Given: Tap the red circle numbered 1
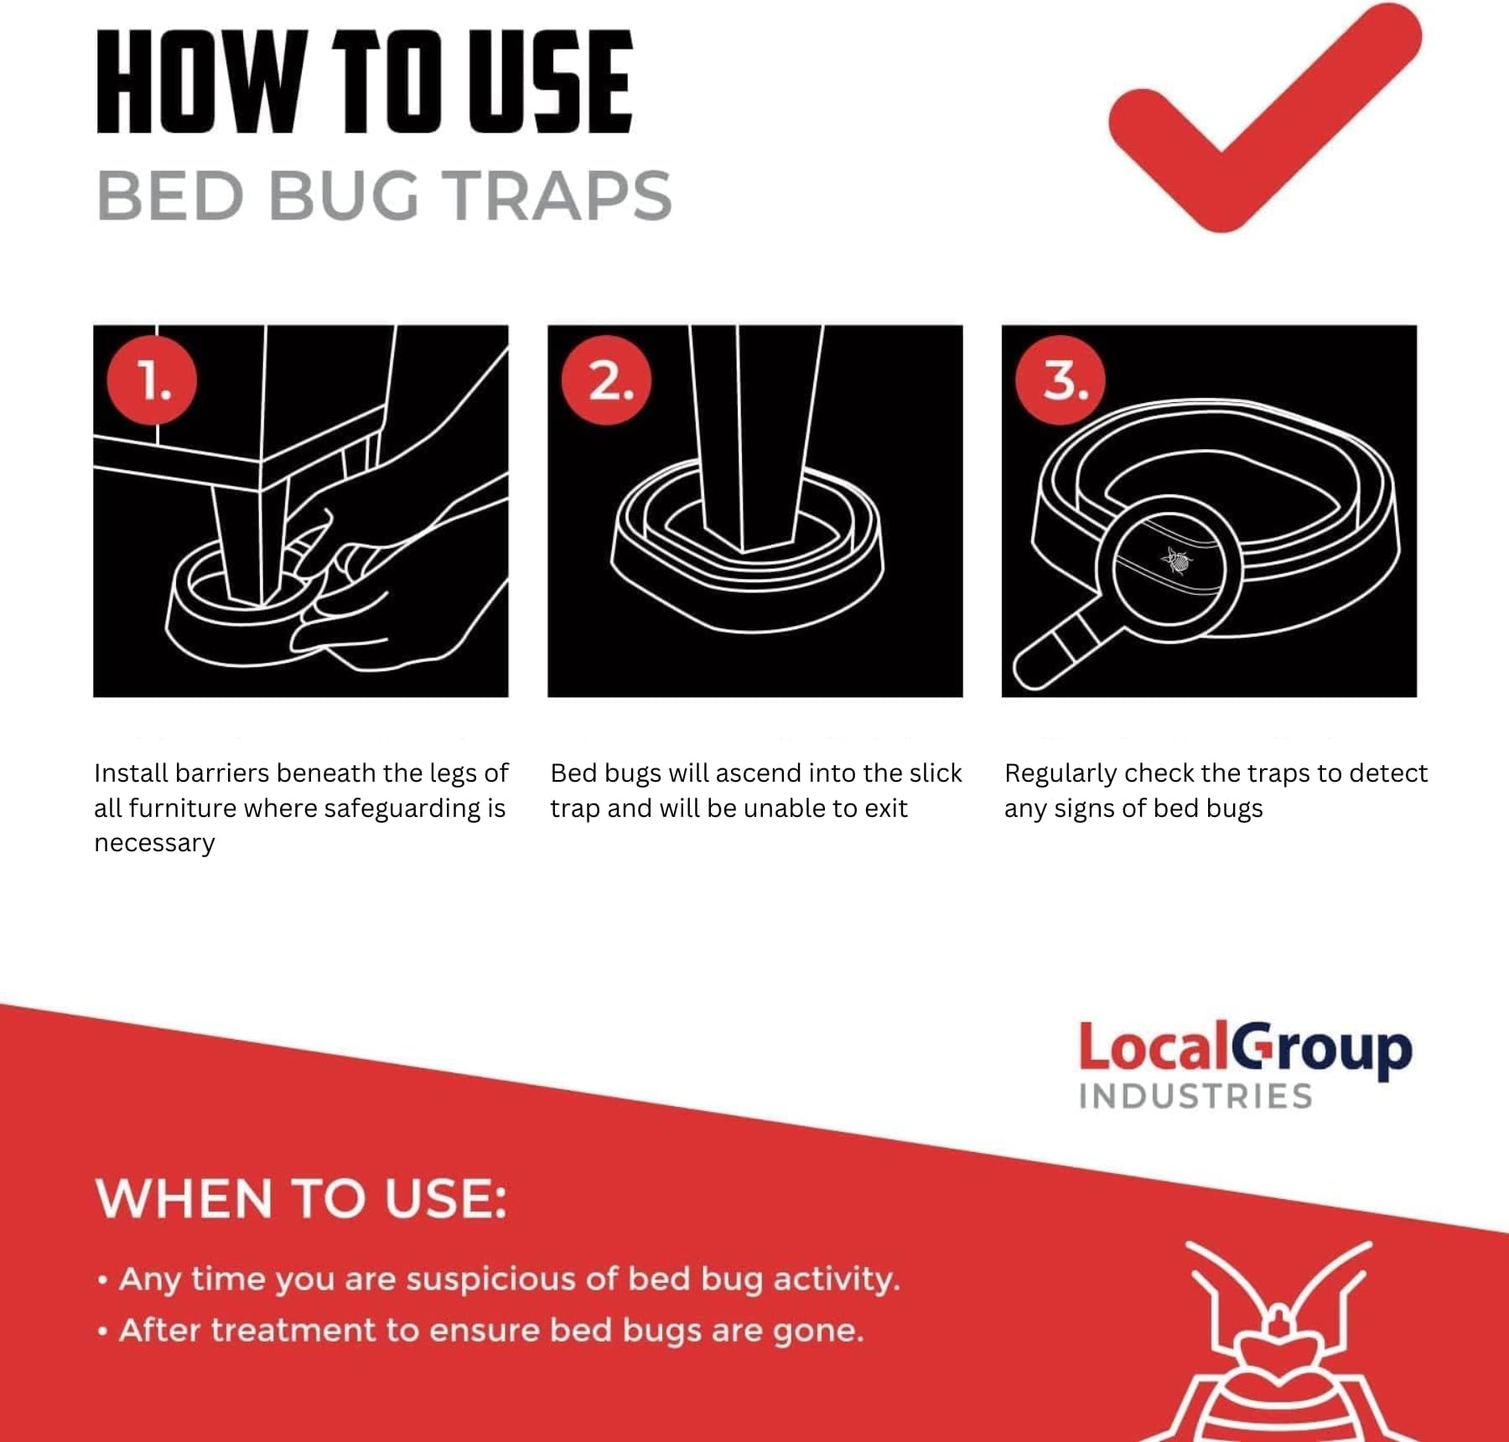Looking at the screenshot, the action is click(x=152, y=380).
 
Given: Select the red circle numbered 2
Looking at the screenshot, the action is click(x=606, y=380).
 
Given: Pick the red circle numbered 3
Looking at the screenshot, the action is click(x=1060, y=380).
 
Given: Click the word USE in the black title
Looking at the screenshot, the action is click(x=550, y=81).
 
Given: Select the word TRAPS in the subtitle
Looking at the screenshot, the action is click(x=557, y=196).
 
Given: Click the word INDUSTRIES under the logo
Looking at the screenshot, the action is click(x=1195, y=1097).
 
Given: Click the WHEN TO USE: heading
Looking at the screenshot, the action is click(x=301, y=1198).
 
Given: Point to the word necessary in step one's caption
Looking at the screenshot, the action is click(x=154, y=843).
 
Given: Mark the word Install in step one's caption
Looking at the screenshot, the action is click(x=131, y=773).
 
